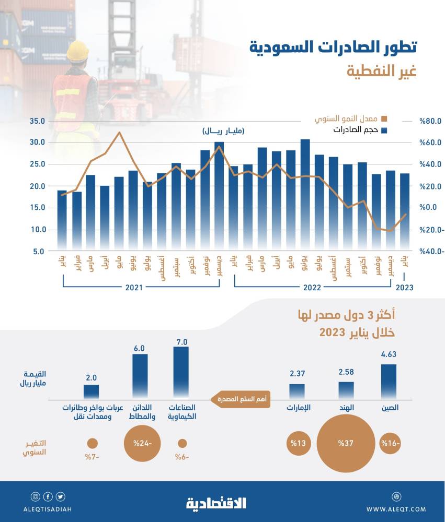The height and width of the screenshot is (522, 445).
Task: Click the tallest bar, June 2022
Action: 305,193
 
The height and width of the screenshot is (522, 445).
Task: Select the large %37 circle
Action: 346,444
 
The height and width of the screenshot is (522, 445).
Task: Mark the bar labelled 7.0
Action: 181,373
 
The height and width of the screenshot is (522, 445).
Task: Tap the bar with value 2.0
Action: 92,391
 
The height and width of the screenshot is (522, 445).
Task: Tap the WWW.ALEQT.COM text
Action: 396,509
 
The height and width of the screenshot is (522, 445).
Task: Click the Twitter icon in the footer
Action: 61,496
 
